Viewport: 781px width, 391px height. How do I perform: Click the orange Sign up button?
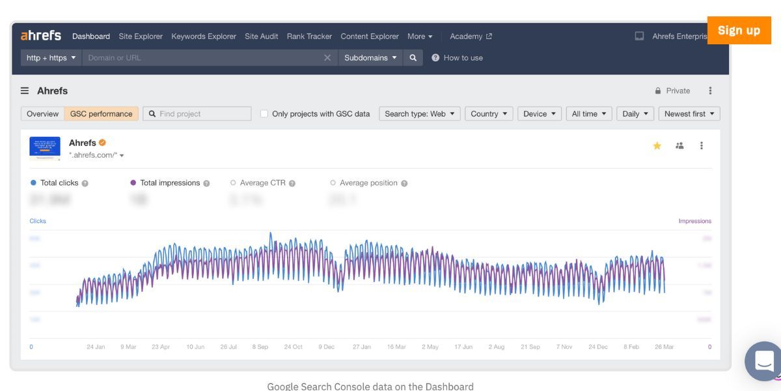(739, 31)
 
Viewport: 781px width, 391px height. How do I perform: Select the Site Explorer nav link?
(141, 36)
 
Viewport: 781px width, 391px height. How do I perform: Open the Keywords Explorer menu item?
(204, 36)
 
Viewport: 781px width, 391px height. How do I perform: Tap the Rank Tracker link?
(309, 36)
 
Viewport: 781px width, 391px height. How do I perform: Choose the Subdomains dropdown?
(370, 58)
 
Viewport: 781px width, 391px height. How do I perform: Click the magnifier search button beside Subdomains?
(413, 58)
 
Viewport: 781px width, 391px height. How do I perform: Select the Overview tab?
(42, 114)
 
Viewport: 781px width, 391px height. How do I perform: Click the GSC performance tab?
(101, 114)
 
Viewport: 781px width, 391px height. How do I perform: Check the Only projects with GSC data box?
(264, 114)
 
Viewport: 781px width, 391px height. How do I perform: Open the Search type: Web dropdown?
(419, 114)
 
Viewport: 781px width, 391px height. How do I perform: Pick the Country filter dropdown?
(489, 114)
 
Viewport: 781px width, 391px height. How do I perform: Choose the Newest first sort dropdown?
(689, 114)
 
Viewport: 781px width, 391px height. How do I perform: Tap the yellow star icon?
(657, 146)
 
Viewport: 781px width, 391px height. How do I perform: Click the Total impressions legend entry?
(169, 183)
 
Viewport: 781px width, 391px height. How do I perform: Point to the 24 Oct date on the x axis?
(293, 347)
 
